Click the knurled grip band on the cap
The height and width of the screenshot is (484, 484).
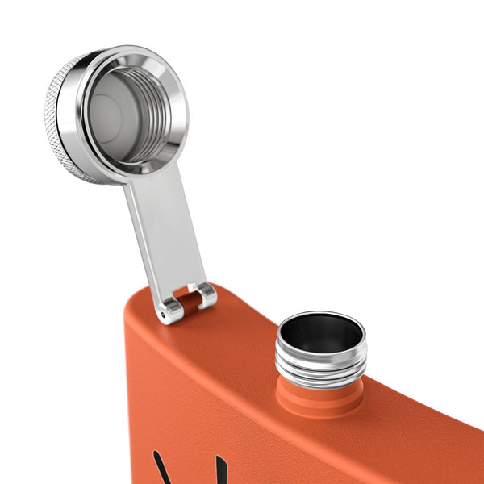click(x=58, y=121)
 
